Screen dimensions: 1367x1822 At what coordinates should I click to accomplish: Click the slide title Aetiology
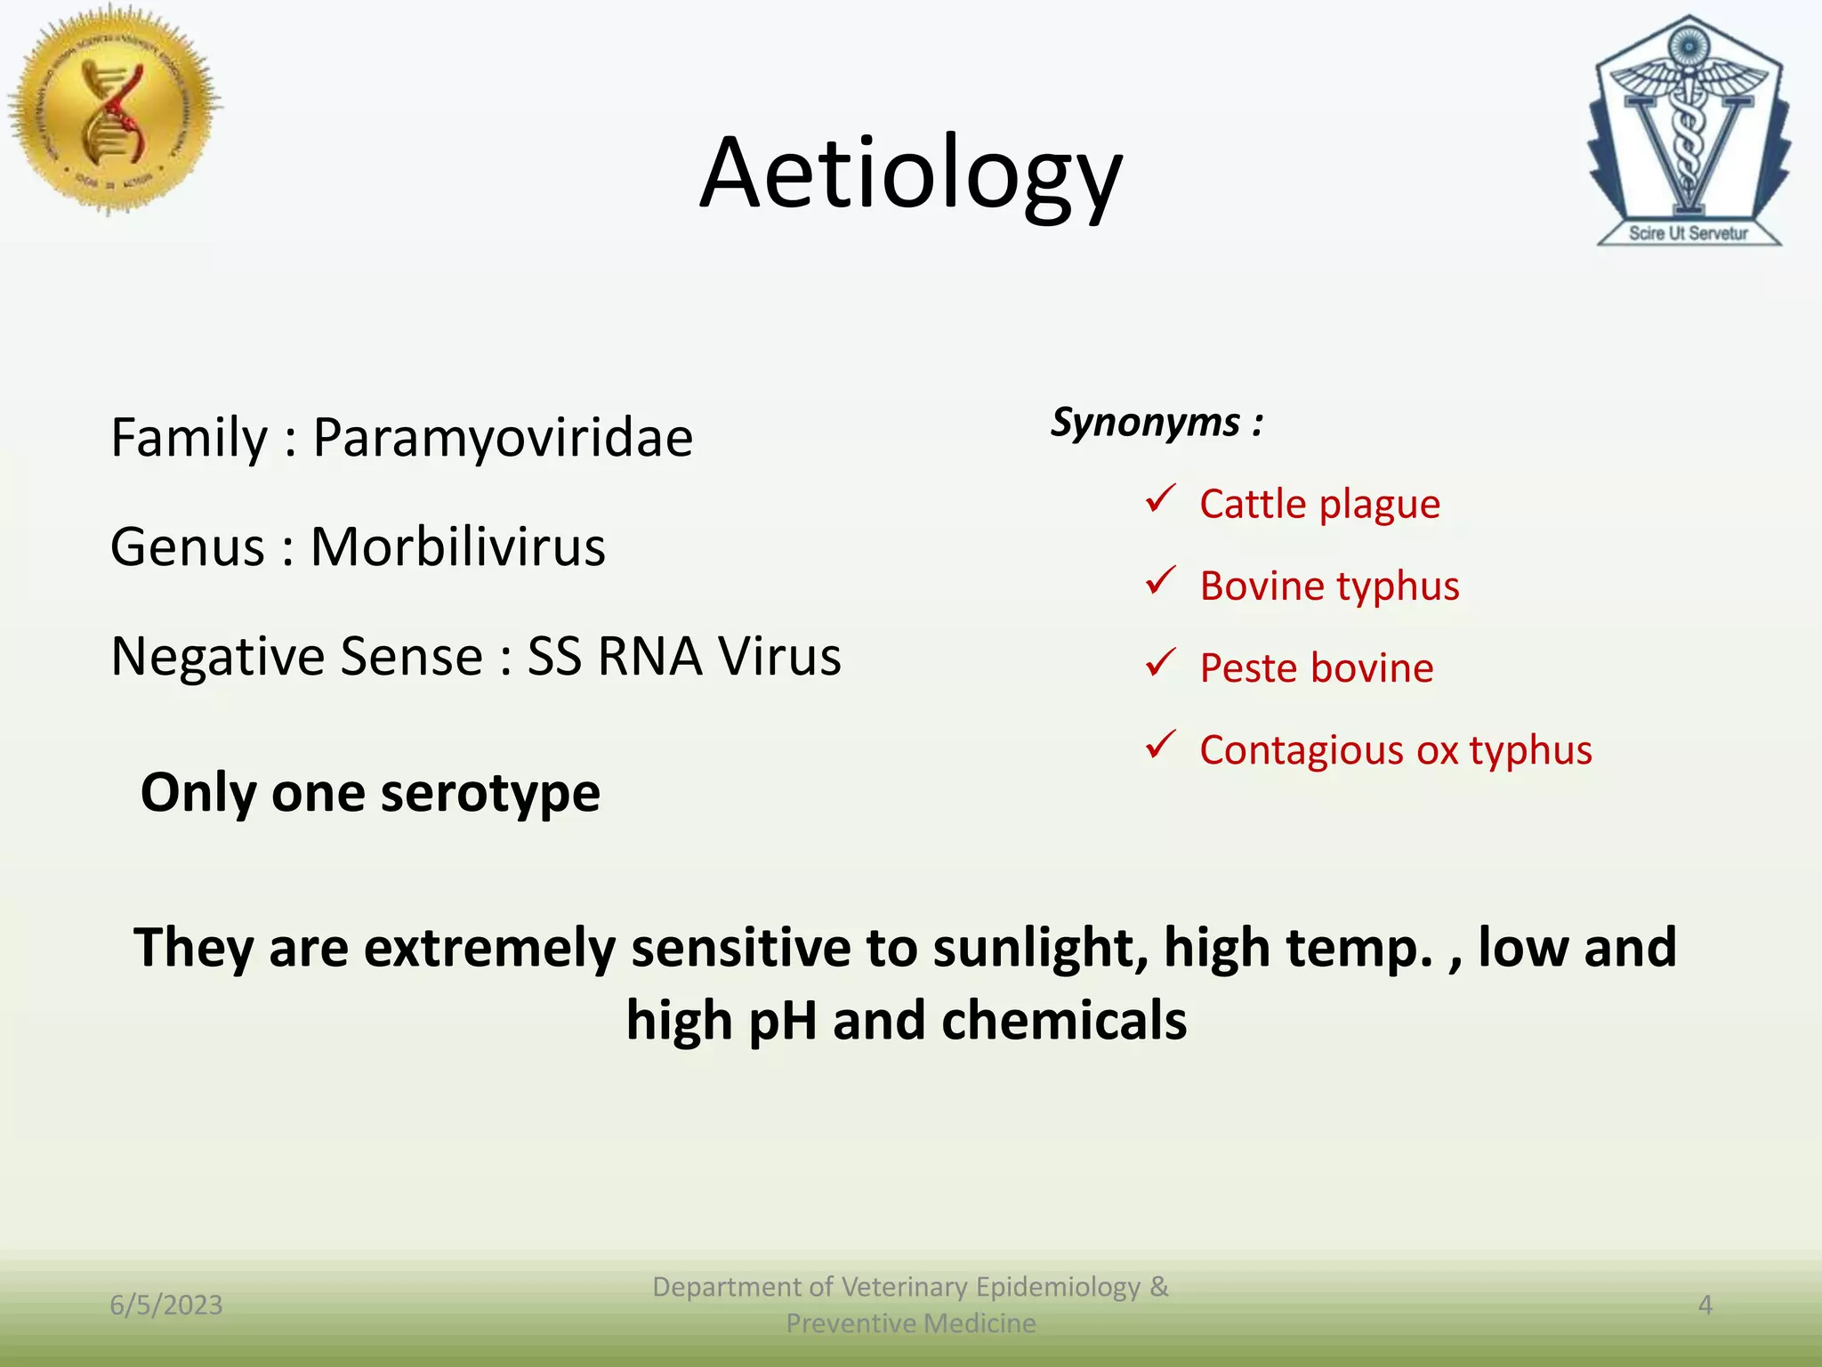click(910, 174)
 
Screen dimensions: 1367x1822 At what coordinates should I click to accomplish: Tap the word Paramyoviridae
click(503, 438)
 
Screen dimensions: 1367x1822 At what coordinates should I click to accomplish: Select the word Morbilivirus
click(457, 546)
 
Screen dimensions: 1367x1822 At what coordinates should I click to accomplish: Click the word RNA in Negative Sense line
click(649, 657)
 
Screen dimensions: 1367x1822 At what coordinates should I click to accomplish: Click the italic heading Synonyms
click(1146, 423)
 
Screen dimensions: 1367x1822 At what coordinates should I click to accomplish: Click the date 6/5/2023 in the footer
click(166, 1305)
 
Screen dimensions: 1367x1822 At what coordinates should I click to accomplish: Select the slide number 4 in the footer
click(1705, 1305)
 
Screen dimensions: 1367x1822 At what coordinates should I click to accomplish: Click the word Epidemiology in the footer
click(1058, 1287)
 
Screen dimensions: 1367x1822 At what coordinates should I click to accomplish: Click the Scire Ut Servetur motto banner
click(1688, 233)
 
